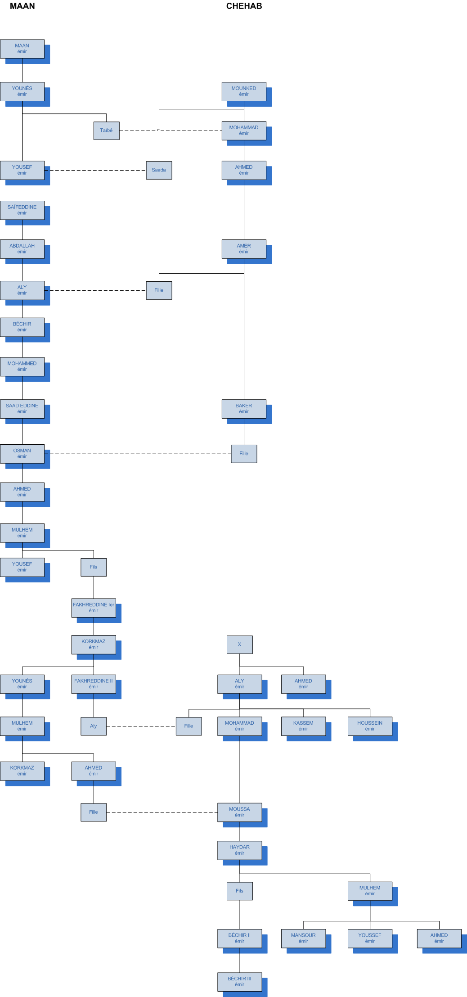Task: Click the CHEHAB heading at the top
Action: tap(244, 6)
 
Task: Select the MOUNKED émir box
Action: tap(244, 91)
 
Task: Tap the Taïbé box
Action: tap(107, 131)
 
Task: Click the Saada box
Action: tap(159, 170)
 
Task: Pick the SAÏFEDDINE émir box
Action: tap(22, 210)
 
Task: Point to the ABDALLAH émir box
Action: tap(22, 249)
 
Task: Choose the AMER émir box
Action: tap(244, 249)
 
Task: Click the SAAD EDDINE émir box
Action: tap(22, 409)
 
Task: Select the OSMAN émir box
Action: tap(22, 454)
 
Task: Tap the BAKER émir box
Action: tap(244, 409)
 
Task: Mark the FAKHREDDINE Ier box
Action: tap(94, 608)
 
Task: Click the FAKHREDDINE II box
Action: tap(94, 684)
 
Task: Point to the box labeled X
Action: tap(239, 645)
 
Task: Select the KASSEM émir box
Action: tap(303, 726)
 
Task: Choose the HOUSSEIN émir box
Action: tap(370, 726)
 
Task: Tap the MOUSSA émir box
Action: tap(239, 812)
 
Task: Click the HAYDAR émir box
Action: tap(239, 850)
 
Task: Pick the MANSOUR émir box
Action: tap(303, 938)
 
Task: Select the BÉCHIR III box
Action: tap(239, 982)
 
